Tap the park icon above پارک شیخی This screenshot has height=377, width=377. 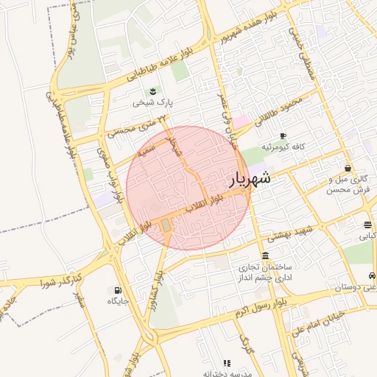tap(152, 91)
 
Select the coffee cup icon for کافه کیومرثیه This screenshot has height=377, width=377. tap(283, 135)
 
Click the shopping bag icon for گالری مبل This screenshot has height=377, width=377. tap(348, 168)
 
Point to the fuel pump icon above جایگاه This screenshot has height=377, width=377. tap(117, 289)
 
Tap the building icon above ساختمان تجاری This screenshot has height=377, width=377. tap(265, 255)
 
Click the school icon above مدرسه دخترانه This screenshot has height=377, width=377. tap(227, 363)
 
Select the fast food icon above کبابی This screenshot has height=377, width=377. tap(367, 225)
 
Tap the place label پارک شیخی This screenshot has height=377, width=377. tap(152, 104)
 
